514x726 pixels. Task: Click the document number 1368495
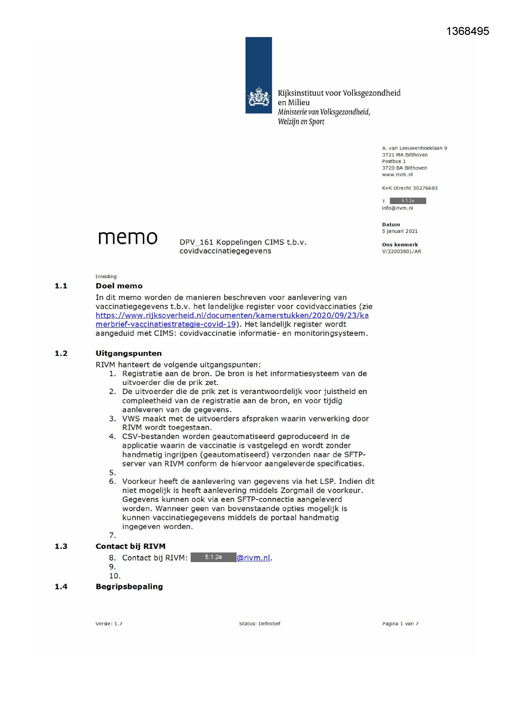pyautogui.click(x=467, y=31)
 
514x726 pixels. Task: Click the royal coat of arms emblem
pyautogui.click(x=259, y=97)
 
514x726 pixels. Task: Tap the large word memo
pyautogui.click(x=128, y=238)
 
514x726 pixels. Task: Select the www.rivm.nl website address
pyautogui.click(x=397, y=175)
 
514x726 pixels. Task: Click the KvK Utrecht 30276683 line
pyautogui.click(x=409, y=188)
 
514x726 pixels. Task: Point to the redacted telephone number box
pyautogui.click(x=408, y=201)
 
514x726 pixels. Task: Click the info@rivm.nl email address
pyautogui.click(x=397, y=208)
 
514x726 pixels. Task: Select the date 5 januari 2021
pyautogui.click(x=400, y=231)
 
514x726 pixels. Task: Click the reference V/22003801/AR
pyautogui.click(x=401, y=251)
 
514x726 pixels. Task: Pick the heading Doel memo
pyautogui.click(x=119, y=286)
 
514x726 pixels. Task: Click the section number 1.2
pyautogui.click(x=61, y=353)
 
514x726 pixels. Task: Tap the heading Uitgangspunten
pyautogui.click(x=128, y=353)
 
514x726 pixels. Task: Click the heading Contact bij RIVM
pyautogui.click(x=130, y=546)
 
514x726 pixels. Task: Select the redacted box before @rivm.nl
pyautogui.click(x=213, y=558)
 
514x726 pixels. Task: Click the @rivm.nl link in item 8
pyautogui.click(x=253, y=558)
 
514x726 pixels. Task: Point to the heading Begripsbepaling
pyautogui.click(x=129, y=587)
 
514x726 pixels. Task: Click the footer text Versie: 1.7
pyautogui.click(x=109, y=624)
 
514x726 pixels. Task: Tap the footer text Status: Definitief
pyautogui.click(x=260, y=624)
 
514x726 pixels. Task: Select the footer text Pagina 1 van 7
pyautogui.click(x=400, y=624)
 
